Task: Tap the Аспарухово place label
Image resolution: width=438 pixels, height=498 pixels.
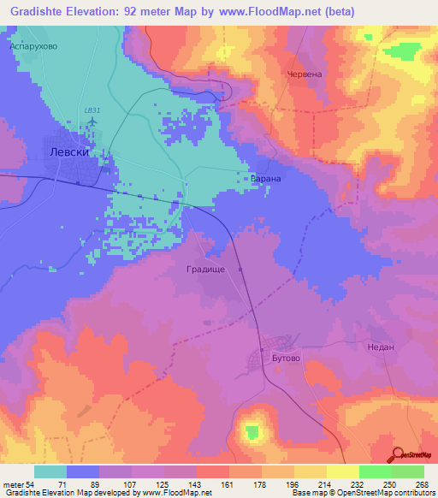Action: [33, 46]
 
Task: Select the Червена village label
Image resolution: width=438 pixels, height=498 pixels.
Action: [305, 74]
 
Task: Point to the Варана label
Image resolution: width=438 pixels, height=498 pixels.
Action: [265, 181]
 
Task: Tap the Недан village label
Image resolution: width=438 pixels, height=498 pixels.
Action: [379, 348]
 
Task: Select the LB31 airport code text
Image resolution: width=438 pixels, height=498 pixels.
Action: [92, 110]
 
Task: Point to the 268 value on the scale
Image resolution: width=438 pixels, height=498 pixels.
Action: [419, 483]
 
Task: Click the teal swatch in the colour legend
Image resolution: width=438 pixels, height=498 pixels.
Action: [50, 471]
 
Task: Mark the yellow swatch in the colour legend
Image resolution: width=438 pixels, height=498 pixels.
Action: [342, 471]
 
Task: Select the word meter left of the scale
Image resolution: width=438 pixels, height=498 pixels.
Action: [14, 483]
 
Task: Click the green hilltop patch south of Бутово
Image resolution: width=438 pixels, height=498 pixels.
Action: [252, 430]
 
